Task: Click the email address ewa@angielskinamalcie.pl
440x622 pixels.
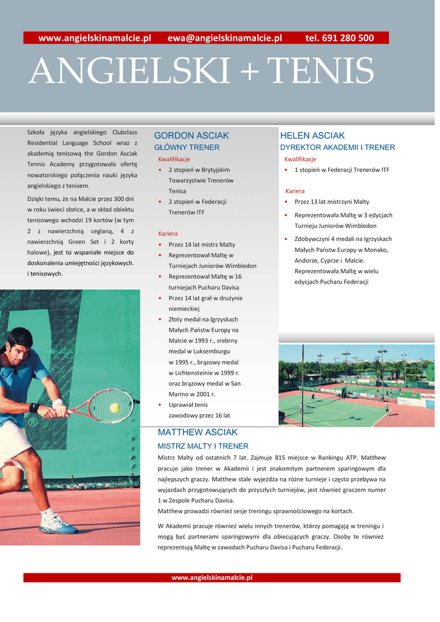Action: [225, 38]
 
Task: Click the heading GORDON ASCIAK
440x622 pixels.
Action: [191, 135]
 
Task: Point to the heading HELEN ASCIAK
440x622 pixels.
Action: [312, 135]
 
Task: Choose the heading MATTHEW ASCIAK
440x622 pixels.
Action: [198, 432]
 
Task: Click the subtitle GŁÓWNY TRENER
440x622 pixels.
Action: [187, 148]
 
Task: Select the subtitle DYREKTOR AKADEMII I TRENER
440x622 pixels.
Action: [337, 148]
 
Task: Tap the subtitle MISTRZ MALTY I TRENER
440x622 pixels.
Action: [203, 446]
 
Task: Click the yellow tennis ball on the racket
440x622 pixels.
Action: [114, 408]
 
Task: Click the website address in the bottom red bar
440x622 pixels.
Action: [211, 578]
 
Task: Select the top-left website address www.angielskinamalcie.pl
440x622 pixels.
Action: [94, 38]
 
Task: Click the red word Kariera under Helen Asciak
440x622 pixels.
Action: [295, 191]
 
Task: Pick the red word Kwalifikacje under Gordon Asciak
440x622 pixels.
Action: [174, 159]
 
